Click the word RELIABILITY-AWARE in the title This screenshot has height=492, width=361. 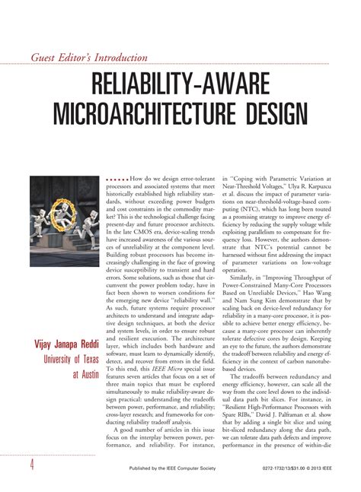(180, 82)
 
